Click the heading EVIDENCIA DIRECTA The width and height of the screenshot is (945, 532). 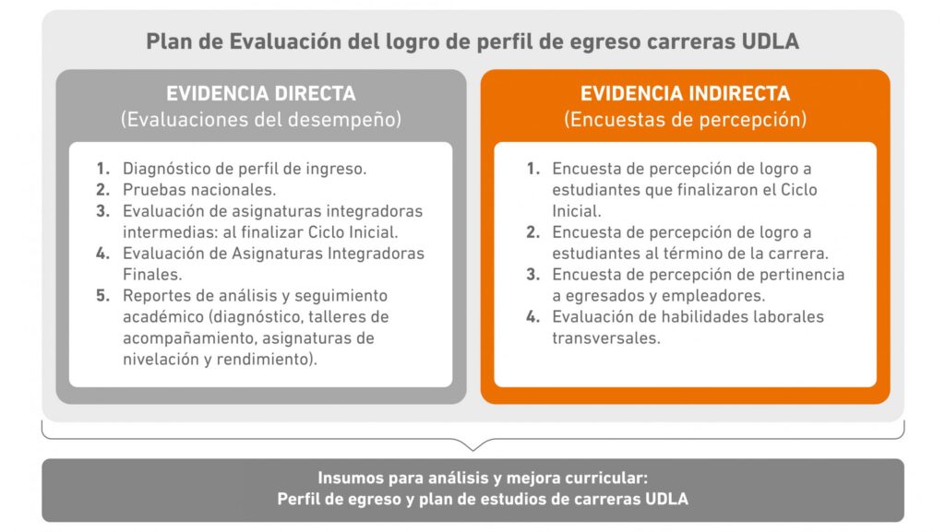coord(260,94)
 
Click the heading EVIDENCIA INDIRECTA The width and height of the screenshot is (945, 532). coord(685,94)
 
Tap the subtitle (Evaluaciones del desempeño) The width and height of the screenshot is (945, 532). coord(260,120)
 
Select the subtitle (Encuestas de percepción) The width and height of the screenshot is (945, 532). coord(685,120)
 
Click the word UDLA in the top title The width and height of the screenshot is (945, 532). coord(772,41)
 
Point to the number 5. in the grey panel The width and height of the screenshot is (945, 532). coord(102,296)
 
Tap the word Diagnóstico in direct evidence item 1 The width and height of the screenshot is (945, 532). coord(165,169)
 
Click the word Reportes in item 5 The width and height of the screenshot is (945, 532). coord(156,296)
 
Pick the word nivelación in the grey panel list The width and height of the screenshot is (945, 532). coord(162,360)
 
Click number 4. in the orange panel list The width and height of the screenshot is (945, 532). coord(532,316)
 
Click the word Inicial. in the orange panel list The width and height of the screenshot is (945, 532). coord(577,210)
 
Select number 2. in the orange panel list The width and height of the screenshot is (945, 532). coord(532,231)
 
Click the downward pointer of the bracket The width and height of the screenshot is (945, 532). coord(473,447)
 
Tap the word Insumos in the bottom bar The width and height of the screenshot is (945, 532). coord(349,479)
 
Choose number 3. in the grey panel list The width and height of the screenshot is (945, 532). coord(102,211)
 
